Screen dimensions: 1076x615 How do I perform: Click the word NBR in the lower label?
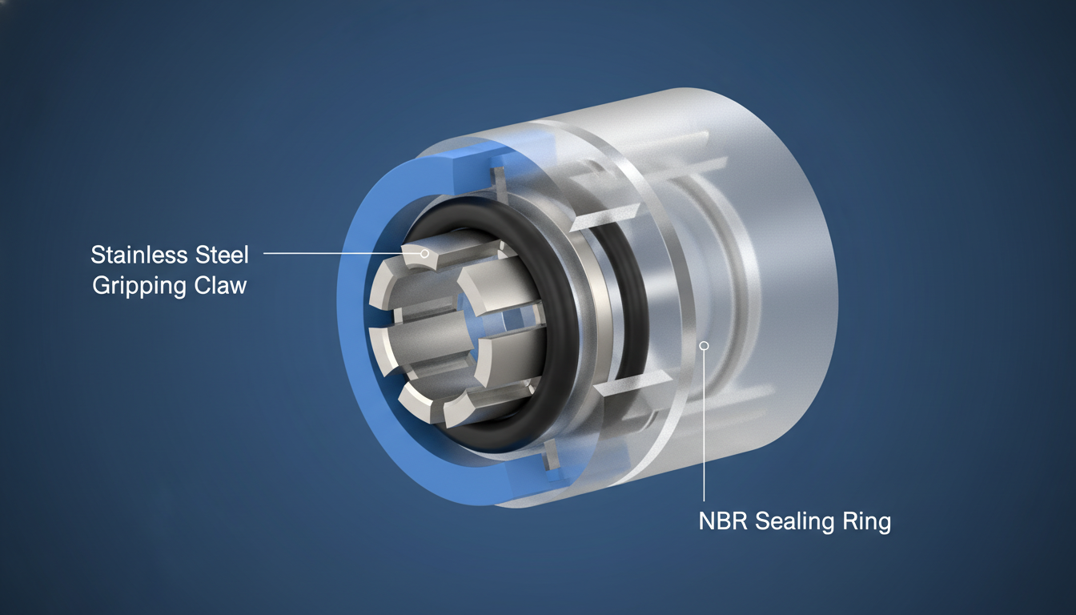pos(722,521)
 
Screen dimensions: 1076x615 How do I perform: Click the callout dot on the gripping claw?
pos(424,253)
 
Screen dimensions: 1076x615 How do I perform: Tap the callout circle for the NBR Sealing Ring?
pos(705,345)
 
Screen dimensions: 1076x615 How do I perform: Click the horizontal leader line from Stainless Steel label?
pos(342,253)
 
